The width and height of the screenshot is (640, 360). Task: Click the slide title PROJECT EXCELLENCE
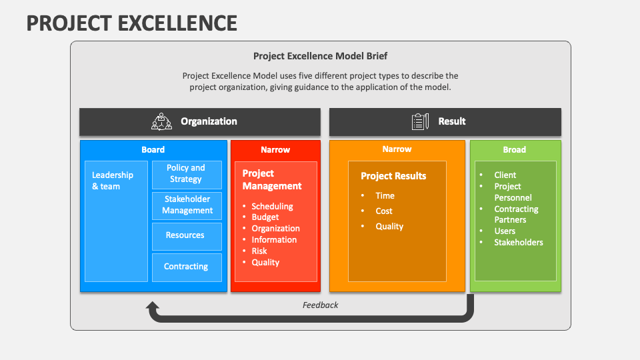pyautogui.click(x=132, y=23)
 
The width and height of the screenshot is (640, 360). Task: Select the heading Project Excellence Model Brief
pyautogui.click(x=320, y=57)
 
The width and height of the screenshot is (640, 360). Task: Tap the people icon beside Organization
pyautogui.click(x=161, y=121)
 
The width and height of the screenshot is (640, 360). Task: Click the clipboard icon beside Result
pyautogui.click(x=420, y=121)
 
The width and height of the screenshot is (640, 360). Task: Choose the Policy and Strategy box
pyautogui.click(x=186, y=173)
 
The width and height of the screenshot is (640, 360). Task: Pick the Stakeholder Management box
pyautogui.click(x=187, y=205)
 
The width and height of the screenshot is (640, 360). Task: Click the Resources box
pyautogui.click(x=186, y=235)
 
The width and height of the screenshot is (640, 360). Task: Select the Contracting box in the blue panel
pyautogui.click(x=186, y=267)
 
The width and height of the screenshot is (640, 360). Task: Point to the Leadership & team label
pyautogui.click(x=113, y=181)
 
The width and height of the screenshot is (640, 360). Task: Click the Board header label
pyautogui.click(x=153, y=150)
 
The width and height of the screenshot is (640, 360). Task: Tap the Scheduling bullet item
pyautogui.click(x=272, y=207)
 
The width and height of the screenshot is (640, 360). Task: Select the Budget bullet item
pyautogui.click(x=265, y=217)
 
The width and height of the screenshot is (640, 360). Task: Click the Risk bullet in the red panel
pyautogui.click(x=259, y=251)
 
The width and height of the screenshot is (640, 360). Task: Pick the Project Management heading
pyautogui.click(x=272, y=180)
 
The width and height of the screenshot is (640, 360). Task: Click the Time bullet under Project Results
pyautogui.click(x=385, y=196)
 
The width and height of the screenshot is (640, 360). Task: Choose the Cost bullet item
pyautogui.click(x=384, y=211)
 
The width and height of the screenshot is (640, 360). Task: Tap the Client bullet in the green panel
pyautogui.click(x=505, y=175)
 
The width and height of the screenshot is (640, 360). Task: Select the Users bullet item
pyautogui.click(x=505, y=231)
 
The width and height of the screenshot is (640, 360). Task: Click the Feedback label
pyautogui.click(x=320, y=305)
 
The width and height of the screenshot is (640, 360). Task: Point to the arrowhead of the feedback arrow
pyautogui.click(x=153, y=307)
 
